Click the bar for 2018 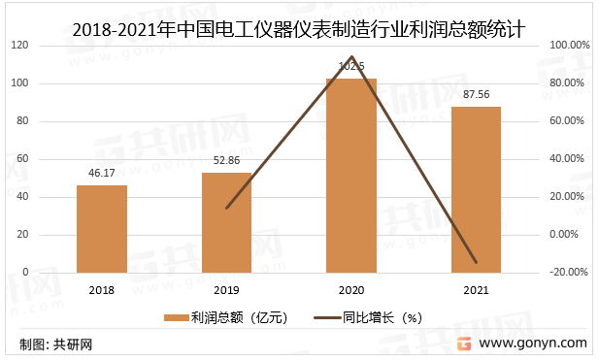102,229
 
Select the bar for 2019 226,223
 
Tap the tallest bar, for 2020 350,176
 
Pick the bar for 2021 476,189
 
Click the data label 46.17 102,173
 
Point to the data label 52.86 226,160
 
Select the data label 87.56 476,94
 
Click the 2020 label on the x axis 350,290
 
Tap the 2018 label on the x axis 102,290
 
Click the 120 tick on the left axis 19,46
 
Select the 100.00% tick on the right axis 569,46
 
